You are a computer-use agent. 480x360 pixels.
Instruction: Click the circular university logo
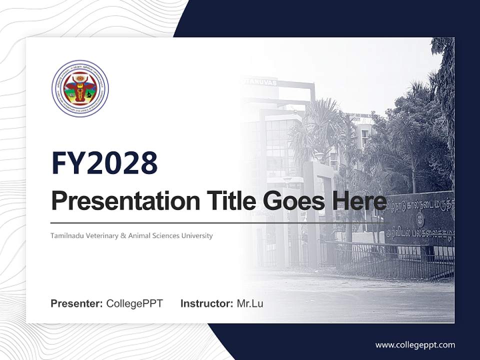point(80,88)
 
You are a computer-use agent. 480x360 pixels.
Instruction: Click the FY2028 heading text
point(104,163)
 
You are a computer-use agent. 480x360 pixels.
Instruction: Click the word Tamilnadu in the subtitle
point(67,235)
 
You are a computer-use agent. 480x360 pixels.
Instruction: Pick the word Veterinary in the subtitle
point(102,235)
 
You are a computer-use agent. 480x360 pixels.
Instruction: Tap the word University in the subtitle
point(197,235)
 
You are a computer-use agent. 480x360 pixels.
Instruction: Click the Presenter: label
point(77,303)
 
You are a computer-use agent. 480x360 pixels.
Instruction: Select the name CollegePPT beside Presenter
point(134,303)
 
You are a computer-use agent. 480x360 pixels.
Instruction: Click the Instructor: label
point(206,303)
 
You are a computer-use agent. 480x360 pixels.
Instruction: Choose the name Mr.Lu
point(250,303)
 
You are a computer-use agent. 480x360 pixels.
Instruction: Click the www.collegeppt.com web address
point(415,345)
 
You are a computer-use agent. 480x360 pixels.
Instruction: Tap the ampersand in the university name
point(123,235)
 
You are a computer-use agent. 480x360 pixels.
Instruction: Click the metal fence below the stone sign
point(390,260)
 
